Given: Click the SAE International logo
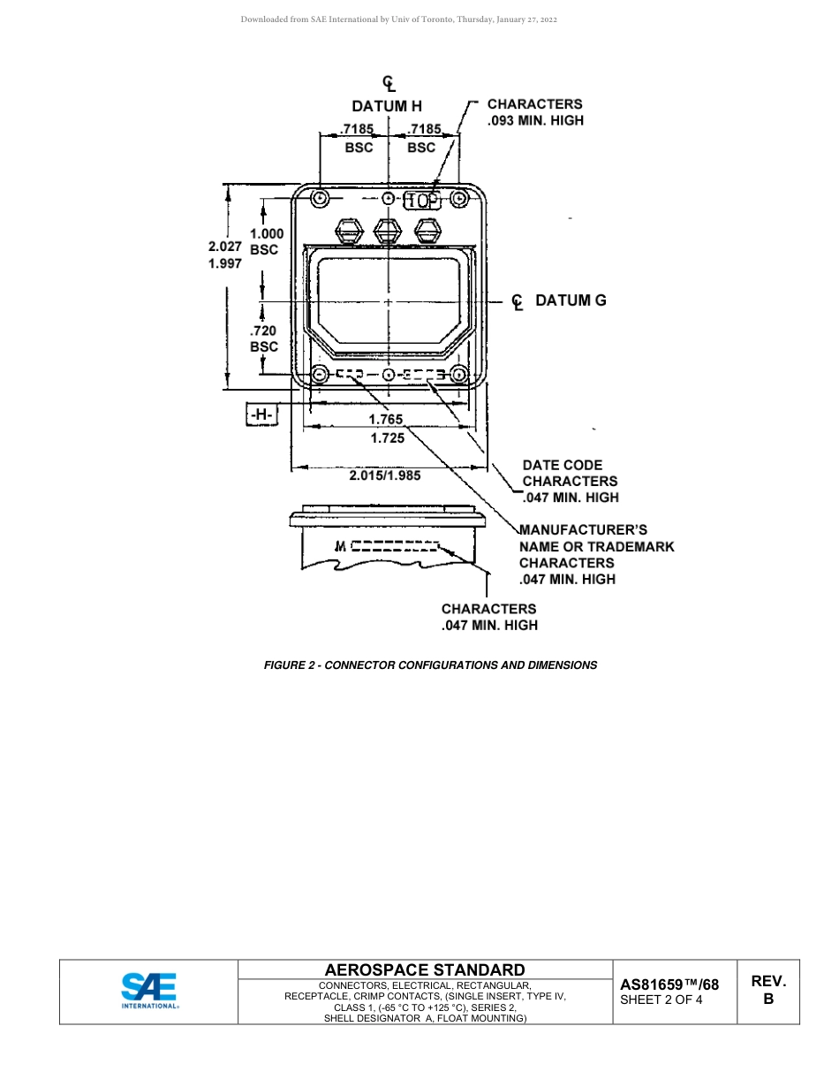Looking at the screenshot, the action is [x=149, y=991].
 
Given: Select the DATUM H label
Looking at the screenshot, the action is [x=387, y=106].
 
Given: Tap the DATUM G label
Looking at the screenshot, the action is [x=571, y=300].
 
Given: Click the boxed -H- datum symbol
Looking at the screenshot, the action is [x=262, y=414].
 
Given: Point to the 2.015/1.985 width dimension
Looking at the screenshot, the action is [x=385, y=475].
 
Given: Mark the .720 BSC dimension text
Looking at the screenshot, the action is [x=264, y=338].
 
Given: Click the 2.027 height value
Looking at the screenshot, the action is [x=225, y=247].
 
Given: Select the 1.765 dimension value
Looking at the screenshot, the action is [x=386, y=420].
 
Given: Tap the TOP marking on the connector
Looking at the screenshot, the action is [x=421, y=201].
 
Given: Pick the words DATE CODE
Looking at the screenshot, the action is [x=563, y=465].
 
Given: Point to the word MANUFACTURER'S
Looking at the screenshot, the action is [x=583, y=530].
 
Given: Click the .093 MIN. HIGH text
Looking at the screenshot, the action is [x=535, y=120].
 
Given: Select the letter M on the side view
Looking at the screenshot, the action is [x=341, y=546].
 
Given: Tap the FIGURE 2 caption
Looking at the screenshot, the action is [x=430, y=665].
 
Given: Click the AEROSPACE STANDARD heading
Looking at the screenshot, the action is [x=425, y=969].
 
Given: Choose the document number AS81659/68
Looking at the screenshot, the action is [x=669, y=984].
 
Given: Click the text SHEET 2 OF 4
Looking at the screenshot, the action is [x=661, y=1000].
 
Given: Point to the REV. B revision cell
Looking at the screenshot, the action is [x=768, y=990].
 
